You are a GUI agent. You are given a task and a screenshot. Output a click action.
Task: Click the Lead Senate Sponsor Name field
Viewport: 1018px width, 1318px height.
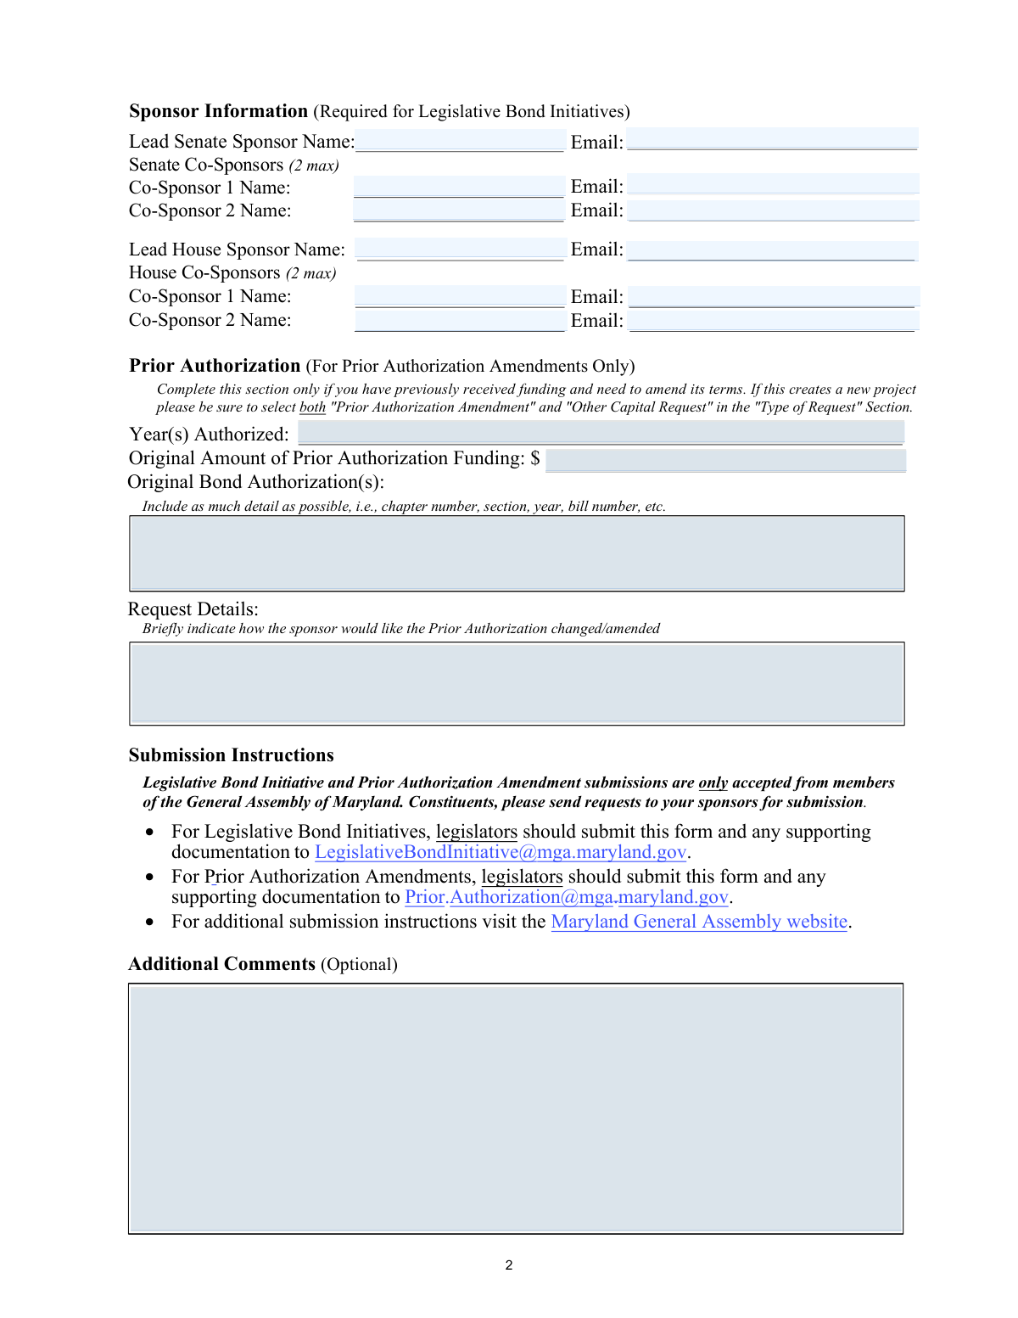pos(460,140)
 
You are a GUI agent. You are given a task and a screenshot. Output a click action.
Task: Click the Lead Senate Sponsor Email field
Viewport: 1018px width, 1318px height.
pos(772,138)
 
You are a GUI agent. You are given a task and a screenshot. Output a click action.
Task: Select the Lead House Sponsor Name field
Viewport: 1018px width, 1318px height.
pos(460,249)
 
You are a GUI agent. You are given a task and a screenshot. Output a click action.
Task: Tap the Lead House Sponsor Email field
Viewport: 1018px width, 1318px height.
pos(772,250)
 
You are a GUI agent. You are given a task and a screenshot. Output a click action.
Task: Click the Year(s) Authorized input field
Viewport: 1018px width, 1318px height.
pos(600,433)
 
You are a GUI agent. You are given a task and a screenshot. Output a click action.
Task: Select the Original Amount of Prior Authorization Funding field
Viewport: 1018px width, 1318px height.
pos(725,460)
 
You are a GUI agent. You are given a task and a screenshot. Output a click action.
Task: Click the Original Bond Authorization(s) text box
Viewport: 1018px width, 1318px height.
pos(517,553)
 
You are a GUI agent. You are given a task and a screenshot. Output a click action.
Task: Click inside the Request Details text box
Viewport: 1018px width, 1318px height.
pos(517,683)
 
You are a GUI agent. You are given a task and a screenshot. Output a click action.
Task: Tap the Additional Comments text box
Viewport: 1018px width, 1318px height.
pos(516,1108)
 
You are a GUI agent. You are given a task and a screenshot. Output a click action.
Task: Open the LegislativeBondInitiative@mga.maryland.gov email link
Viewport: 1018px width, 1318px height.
pos(501,852)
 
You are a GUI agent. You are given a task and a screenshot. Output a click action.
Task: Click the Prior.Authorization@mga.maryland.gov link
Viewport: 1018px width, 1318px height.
pos(567,897)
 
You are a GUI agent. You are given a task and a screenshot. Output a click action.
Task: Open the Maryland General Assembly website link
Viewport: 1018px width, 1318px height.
pos(699,922)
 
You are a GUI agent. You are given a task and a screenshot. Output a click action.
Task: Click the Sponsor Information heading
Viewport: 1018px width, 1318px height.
pos(219,111)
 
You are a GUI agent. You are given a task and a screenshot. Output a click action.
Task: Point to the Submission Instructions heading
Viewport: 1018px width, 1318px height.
pos(232,755)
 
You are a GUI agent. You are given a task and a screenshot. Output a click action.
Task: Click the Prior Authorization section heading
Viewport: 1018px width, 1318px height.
pos(215,366)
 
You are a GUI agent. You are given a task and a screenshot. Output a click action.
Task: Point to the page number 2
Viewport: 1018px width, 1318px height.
pos(509,1265)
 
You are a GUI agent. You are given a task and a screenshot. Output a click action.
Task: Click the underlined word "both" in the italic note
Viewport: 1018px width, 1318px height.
pos(312,407)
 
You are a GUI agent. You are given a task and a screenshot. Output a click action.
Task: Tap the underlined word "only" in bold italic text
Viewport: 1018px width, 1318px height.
pos(713,782)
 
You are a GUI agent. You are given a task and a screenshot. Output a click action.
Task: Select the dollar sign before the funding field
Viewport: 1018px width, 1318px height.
pos(535,458)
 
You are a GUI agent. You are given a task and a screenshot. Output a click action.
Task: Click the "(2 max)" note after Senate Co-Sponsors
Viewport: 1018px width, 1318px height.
pos(314,165)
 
